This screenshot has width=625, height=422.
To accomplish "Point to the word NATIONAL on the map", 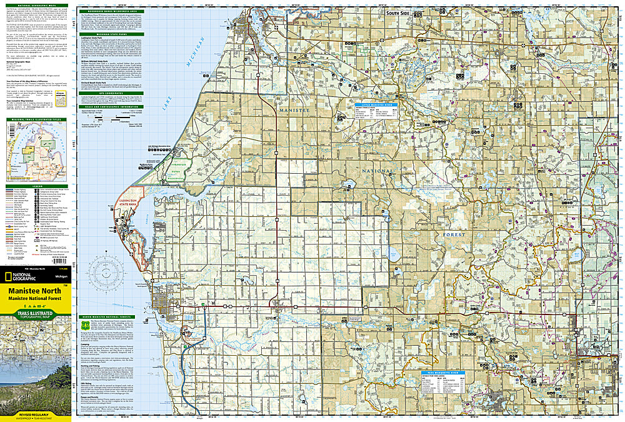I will coord(378,171).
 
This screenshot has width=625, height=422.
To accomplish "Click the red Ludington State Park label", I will coord(162,202).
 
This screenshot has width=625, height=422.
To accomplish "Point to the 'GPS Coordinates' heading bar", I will coord(111,93).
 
